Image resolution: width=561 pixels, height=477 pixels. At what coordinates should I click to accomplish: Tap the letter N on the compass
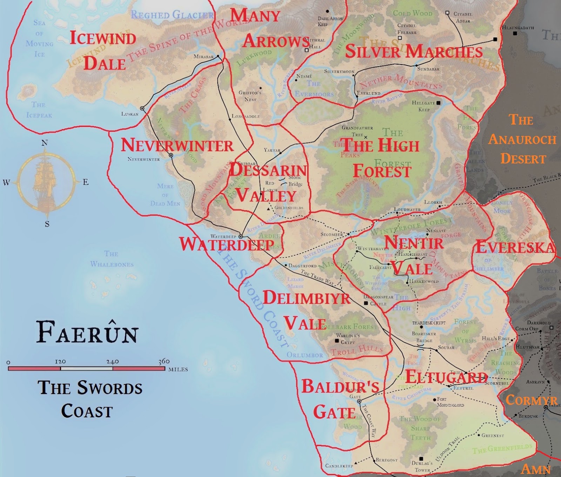coord(45,143)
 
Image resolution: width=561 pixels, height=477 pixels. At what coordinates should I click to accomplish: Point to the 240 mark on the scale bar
coord(113,361)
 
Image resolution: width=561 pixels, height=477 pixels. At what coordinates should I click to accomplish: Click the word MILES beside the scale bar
coord(178,369)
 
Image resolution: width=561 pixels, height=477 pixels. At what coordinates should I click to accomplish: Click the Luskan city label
coord(130,114)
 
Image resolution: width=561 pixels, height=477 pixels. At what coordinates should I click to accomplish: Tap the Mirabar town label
coord(204,56)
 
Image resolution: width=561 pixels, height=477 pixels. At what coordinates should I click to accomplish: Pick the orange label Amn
coord(536,469)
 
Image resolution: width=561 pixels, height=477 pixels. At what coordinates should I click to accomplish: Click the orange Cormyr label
coord(531,400)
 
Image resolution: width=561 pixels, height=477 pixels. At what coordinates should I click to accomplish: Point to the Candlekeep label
coord(339,466)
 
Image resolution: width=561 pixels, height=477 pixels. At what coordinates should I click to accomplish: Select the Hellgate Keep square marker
coord(438,102)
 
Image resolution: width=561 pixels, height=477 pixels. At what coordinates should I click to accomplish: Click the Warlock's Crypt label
coord(348,338)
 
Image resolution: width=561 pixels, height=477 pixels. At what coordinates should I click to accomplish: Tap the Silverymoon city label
coord(339,71)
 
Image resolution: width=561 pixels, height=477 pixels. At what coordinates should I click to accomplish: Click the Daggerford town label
coord(303,266)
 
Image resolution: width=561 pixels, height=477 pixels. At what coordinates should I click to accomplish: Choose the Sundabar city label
coord(428,69)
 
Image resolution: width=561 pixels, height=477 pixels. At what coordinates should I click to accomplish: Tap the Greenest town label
coord(493,436)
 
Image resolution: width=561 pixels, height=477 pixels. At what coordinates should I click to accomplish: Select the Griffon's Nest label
coord(250,96)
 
